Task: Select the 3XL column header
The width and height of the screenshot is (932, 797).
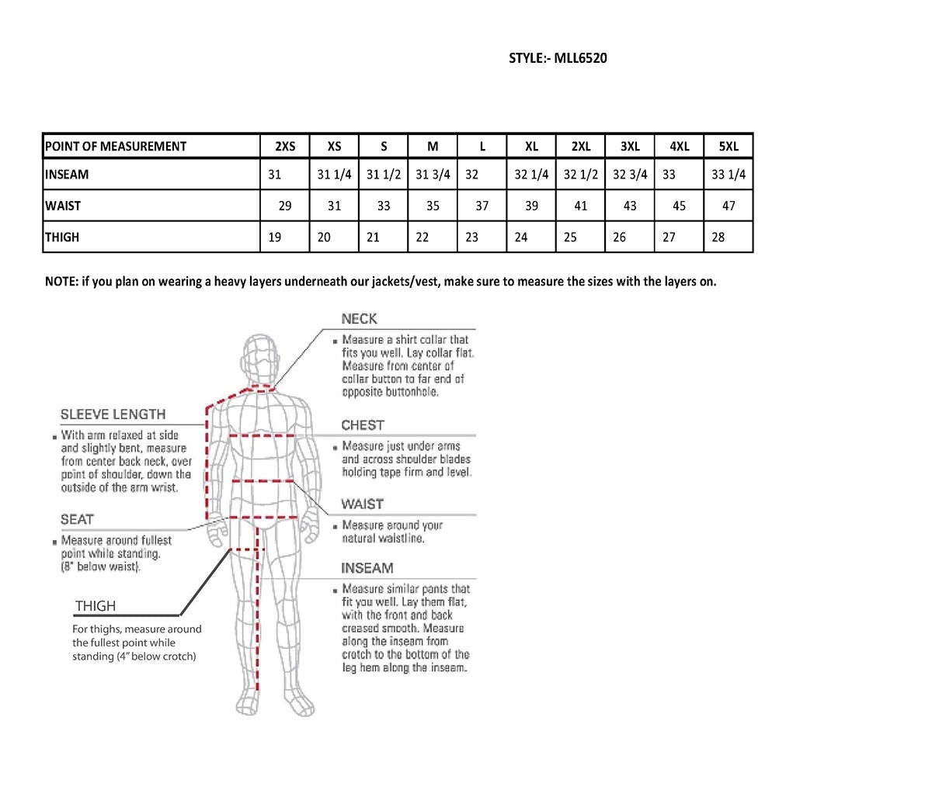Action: pyautogui.click(x=630, y=147)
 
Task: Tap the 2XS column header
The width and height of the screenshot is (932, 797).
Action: pyautogui.click(x=285, y=147)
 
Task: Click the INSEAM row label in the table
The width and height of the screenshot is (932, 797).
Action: pyautogui.click(x=67, y=175)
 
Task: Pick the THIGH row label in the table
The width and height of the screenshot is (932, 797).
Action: pyautogui.click(x=62, y=237)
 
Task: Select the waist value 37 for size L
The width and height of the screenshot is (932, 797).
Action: pyautogui.click(x=482, y=206)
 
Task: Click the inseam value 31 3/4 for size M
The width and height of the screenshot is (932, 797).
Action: pyautogui.click(x=433, y=175)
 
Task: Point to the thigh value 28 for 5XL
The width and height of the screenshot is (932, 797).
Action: pyautogui.click(x=718, y=237)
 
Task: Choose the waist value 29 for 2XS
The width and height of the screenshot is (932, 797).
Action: pyautogui.click(x=285, y=206)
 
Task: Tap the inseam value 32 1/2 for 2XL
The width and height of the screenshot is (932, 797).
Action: pyautogui.click(x=581, y=175)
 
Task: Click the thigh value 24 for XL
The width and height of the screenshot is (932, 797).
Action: pyautogui.click(x=521, y=237)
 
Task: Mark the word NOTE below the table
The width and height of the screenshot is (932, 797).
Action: pyautogui.click(x=61, y=282)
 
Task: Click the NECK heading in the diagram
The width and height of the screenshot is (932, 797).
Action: pyautogui.click(x=359, y=319)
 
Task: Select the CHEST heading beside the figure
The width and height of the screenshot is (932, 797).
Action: pyautogui.click(x=363, y=425)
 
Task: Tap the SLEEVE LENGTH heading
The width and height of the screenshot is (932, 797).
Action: pyautogui.click(x=113, y=414)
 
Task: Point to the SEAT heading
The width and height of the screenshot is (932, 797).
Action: pyautogui.click(x=77, y=519)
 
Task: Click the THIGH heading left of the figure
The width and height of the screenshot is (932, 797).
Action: pyautogui.click(x=96, y=606)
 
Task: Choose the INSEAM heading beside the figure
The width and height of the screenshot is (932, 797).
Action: pyautogui.click(x=367, y=568)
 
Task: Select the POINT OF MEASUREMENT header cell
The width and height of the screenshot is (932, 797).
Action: pyautogui.click(x=116, y=147)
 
